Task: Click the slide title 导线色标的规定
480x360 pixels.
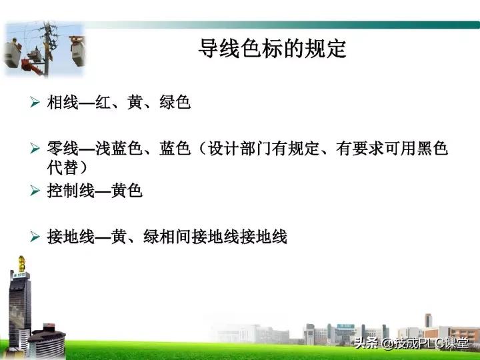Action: [x=273, y=49]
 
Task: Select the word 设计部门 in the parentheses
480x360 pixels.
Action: [x=241, y=148]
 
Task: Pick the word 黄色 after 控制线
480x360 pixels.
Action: [x=127, y=191]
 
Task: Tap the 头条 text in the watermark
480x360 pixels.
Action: [x=367, y=344]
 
